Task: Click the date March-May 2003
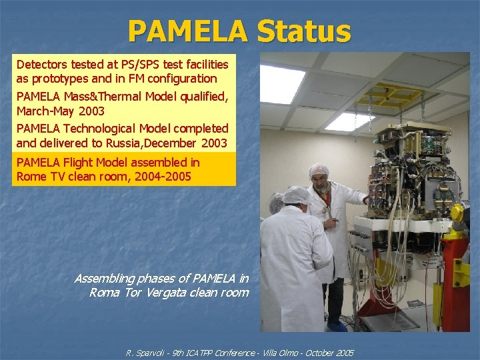[x=61, y=110]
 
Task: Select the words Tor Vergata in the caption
[x=150, y=292]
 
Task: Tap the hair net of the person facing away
[x=295, y=195]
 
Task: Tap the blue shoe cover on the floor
[x=337, y=325]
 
